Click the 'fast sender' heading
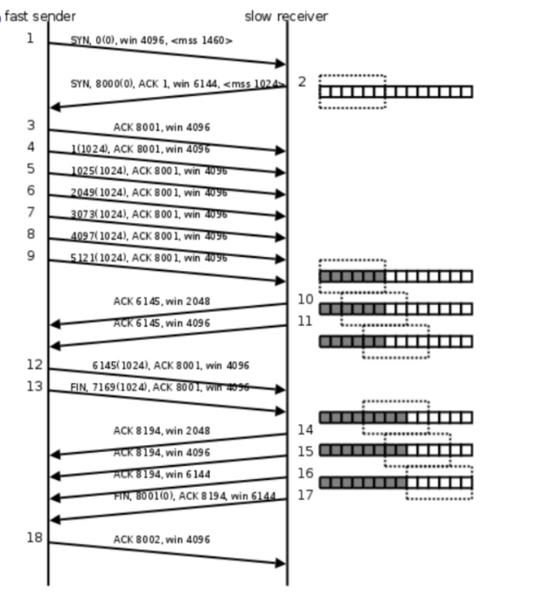(x=40, y=16)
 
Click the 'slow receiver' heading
(x=286, y=16)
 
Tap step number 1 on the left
(x=30, y=38)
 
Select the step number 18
(x=34, y=537)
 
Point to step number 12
(x=34, y=365)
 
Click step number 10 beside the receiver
(x=306, y=299)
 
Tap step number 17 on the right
(x=306, y=495)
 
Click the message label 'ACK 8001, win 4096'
(x=161, y=127)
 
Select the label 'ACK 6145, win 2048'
(x=161, y=301)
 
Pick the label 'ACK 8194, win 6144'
(x=161, y=474)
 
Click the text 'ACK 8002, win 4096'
(x=161, y=539)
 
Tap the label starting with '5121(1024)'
(x=149, y=258)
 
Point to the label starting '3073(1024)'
(x=149, y=214)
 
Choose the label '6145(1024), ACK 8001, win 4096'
(x=170, y=365)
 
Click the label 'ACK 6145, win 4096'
(x=161, y=323)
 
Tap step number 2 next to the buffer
(x=302, y=81)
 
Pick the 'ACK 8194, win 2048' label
(x=161, y=430)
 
